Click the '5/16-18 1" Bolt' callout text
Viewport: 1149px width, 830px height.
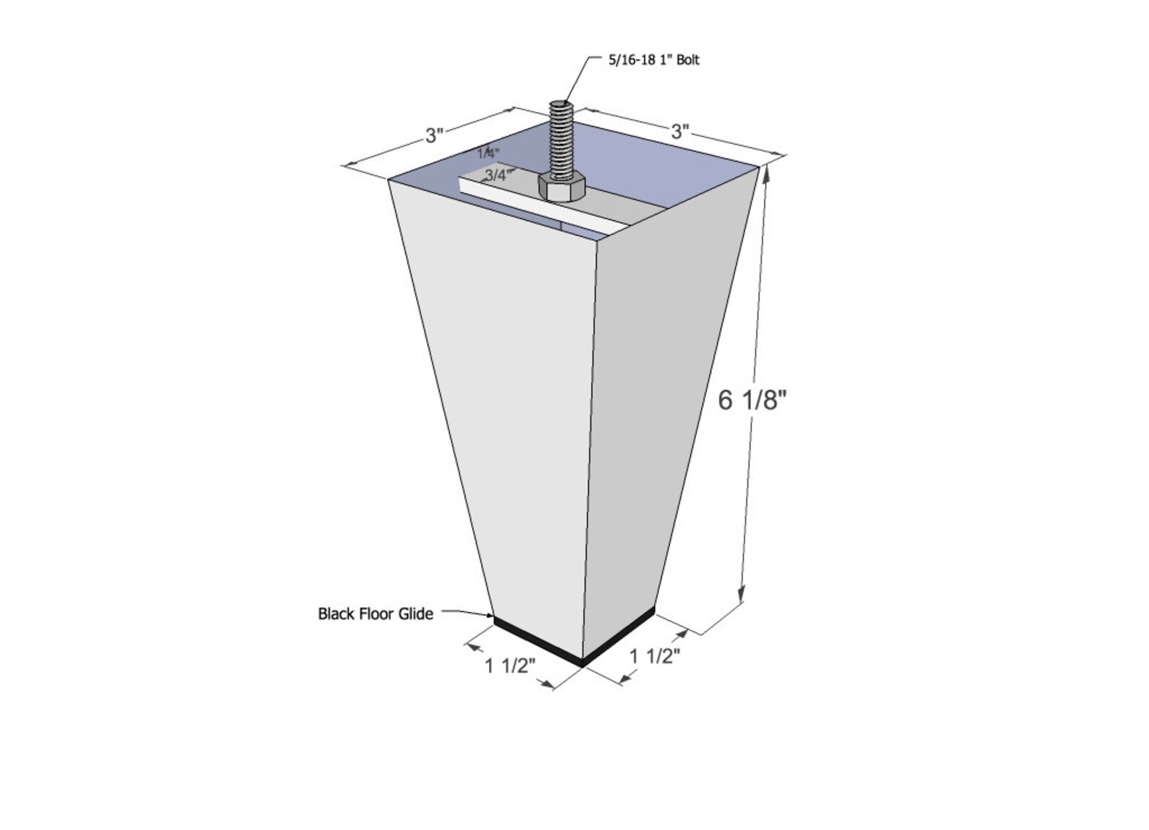click(653, 60)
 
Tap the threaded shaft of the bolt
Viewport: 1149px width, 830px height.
click(561, 138)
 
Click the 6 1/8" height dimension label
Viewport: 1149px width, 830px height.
click(752, 400)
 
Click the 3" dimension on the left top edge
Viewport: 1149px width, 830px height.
click(433, 135)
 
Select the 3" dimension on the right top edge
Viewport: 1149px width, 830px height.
click(679, 132)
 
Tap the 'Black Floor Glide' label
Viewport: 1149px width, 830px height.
click(376, 614)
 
